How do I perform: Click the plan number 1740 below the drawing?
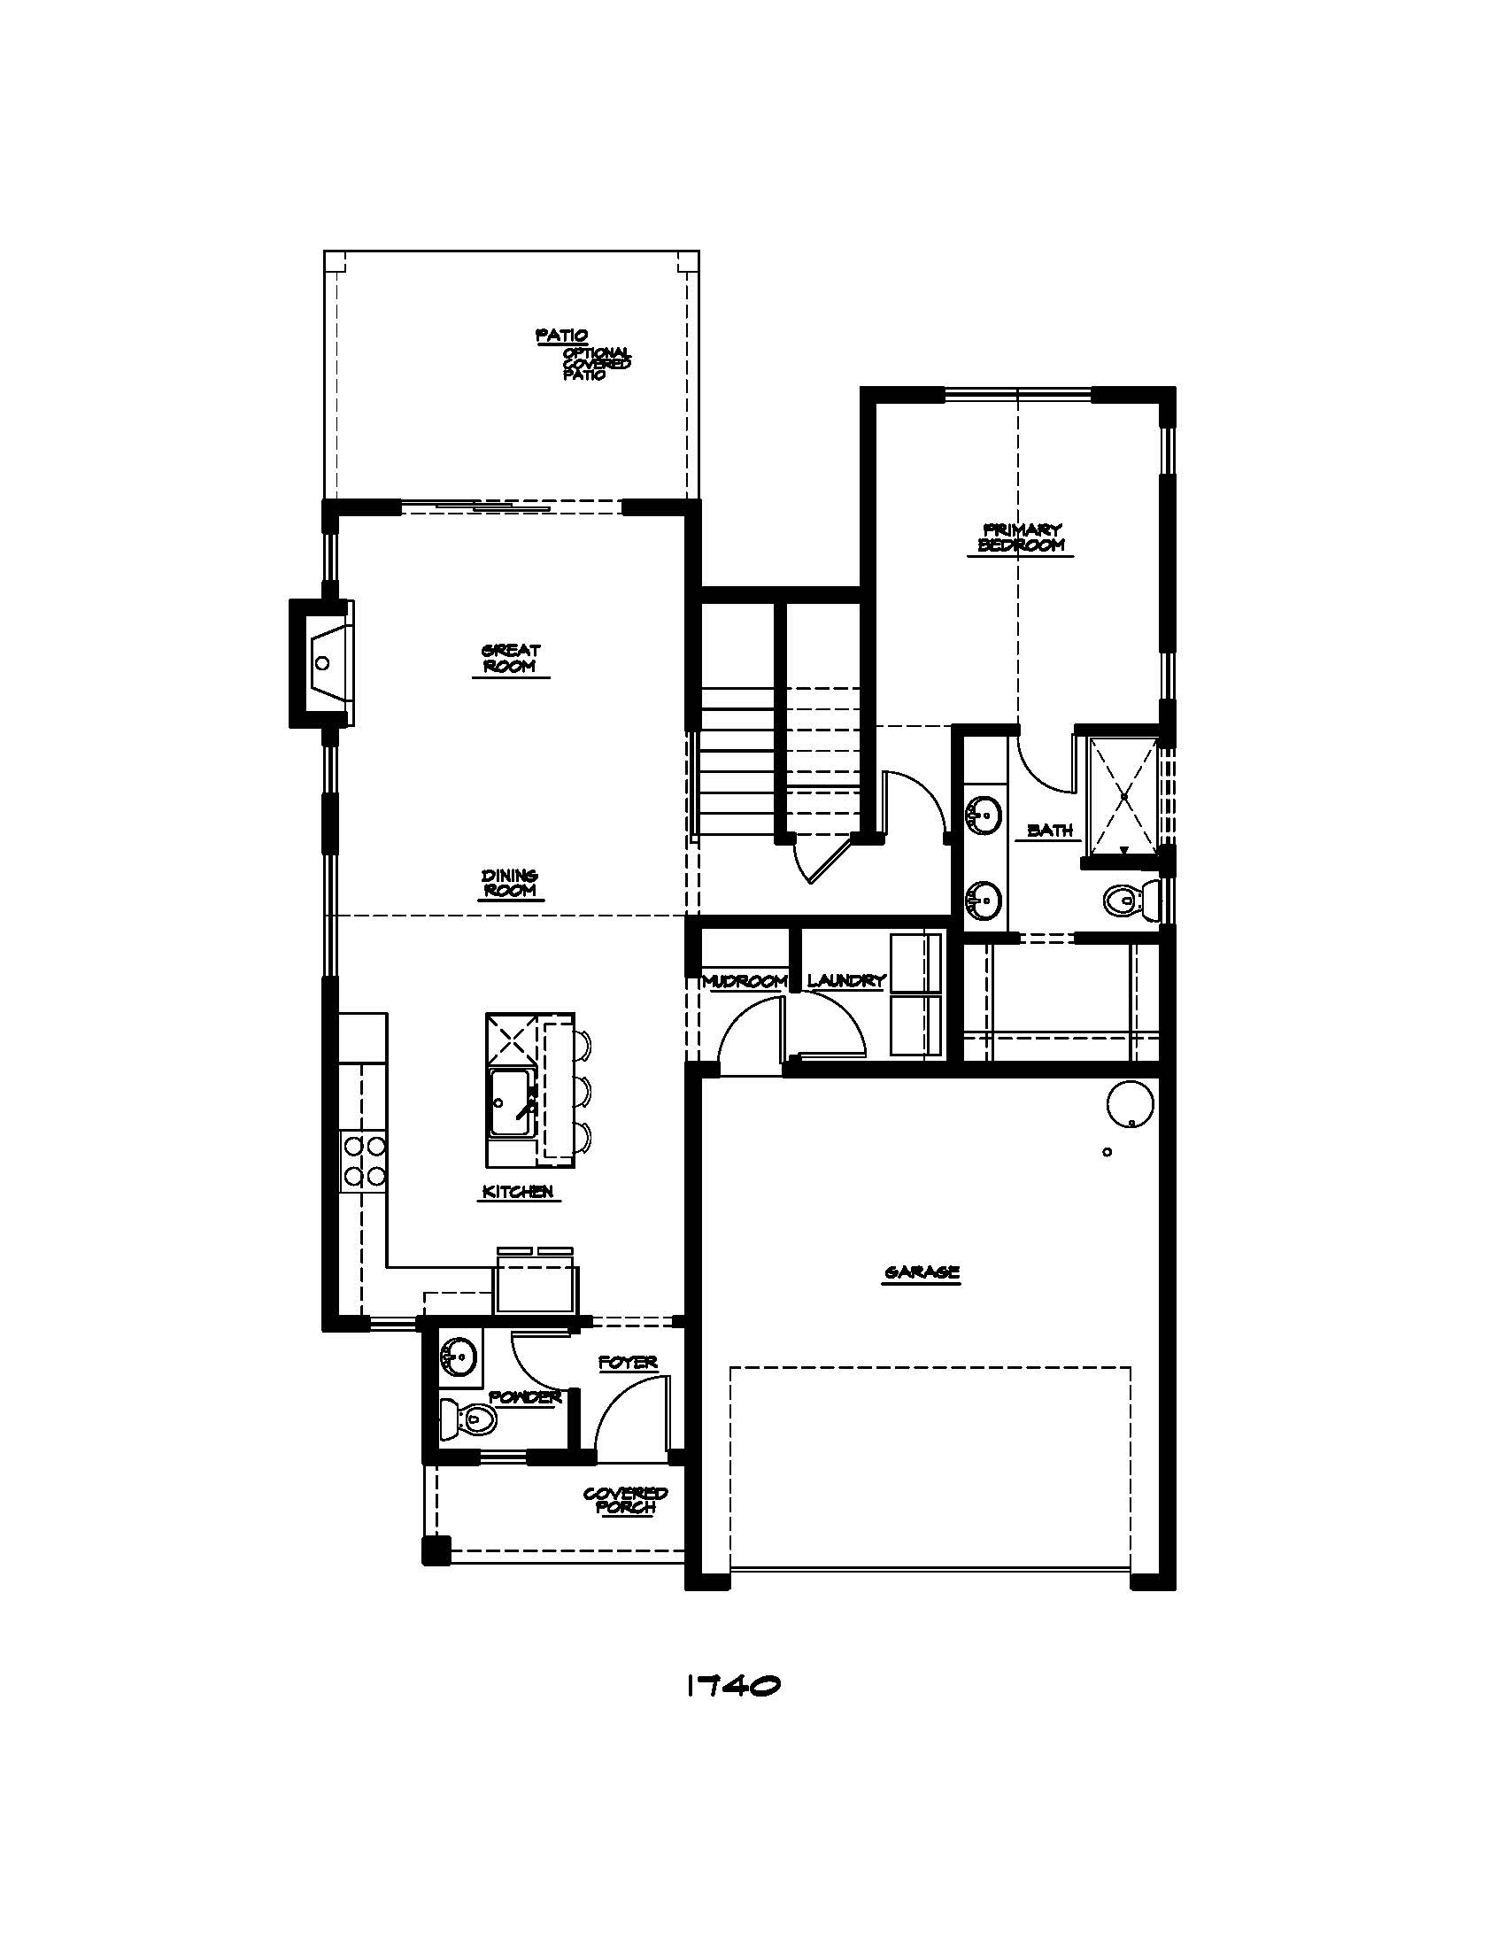[x=733, y=1685]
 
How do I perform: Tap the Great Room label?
[x=511, y=658]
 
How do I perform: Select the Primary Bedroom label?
[x=1022, y=537]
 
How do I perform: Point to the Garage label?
[x=921, y=1272]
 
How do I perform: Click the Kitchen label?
[x=518, y=1191]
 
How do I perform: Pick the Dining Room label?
[x=510, y=883]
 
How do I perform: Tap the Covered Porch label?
[x=626, y=1500]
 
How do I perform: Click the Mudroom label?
[x=745, y=981]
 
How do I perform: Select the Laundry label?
[x=846, y=981]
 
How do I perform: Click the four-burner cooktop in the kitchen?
[x=363, y=1161]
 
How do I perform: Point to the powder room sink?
[x=459, y=1357]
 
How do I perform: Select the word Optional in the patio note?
[x=596, y=352]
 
